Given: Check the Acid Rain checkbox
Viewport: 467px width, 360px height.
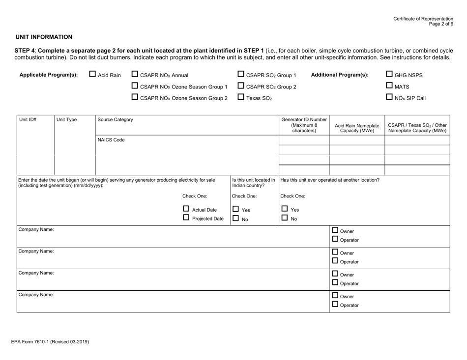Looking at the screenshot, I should pyautogui.click(x=92, y=75).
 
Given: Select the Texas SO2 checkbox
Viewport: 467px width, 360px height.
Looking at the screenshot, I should pyautogui.click(x=240, y=98).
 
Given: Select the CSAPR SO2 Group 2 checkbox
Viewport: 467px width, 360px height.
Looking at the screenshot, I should pyautogui.click(x=240, y=86).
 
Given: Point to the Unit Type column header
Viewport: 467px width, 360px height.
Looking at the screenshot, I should pyautogui.click(x=66, y=119).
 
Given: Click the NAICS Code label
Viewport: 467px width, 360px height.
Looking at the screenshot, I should pyautogui.click(x=111, y=140).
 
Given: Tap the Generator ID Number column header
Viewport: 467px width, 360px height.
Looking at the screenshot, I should pyautogui.click(x=304, y=125).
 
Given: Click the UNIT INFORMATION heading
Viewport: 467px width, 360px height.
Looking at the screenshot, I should pyautogui.click(x=44, y=37).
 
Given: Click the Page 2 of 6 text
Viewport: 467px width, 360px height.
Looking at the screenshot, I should pyautogui.click(x=441, y=24).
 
